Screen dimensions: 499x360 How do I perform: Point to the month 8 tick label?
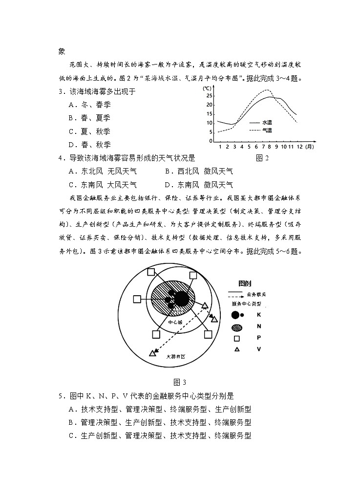coord(269,147)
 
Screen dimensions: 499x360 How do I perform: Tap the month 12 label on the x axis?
coord(299,147)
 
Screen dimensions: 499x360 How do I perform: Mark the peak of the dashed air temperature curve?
coord(268,90)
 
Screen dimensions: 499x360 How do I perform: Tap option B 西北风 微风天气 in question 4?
coord(199,172)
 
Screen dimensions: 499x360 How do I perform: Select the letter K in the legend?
coord(258,315)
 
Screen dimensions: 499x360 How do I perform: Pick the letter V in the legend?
coord(258,349)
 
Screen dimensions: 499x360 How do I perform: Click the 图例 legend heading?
coord(245,283)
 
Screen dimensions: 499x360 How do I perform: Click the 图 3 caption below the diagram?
coord(180,382)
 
